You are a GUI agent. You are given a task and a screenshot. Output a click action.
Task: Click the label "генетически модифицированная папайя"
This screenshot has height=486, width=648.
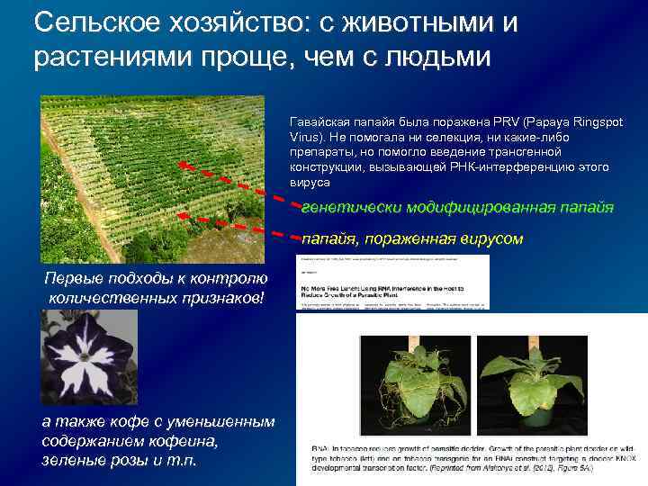(x=457, y=207)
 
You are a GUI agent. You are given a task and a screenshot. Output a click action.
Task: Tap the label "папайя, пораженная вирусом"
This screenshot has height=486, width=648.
(x=412, y=238)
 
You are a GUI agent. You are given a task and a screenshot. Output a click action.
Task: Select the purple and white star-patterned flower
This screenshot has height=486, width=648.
(x=88, y=356)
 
